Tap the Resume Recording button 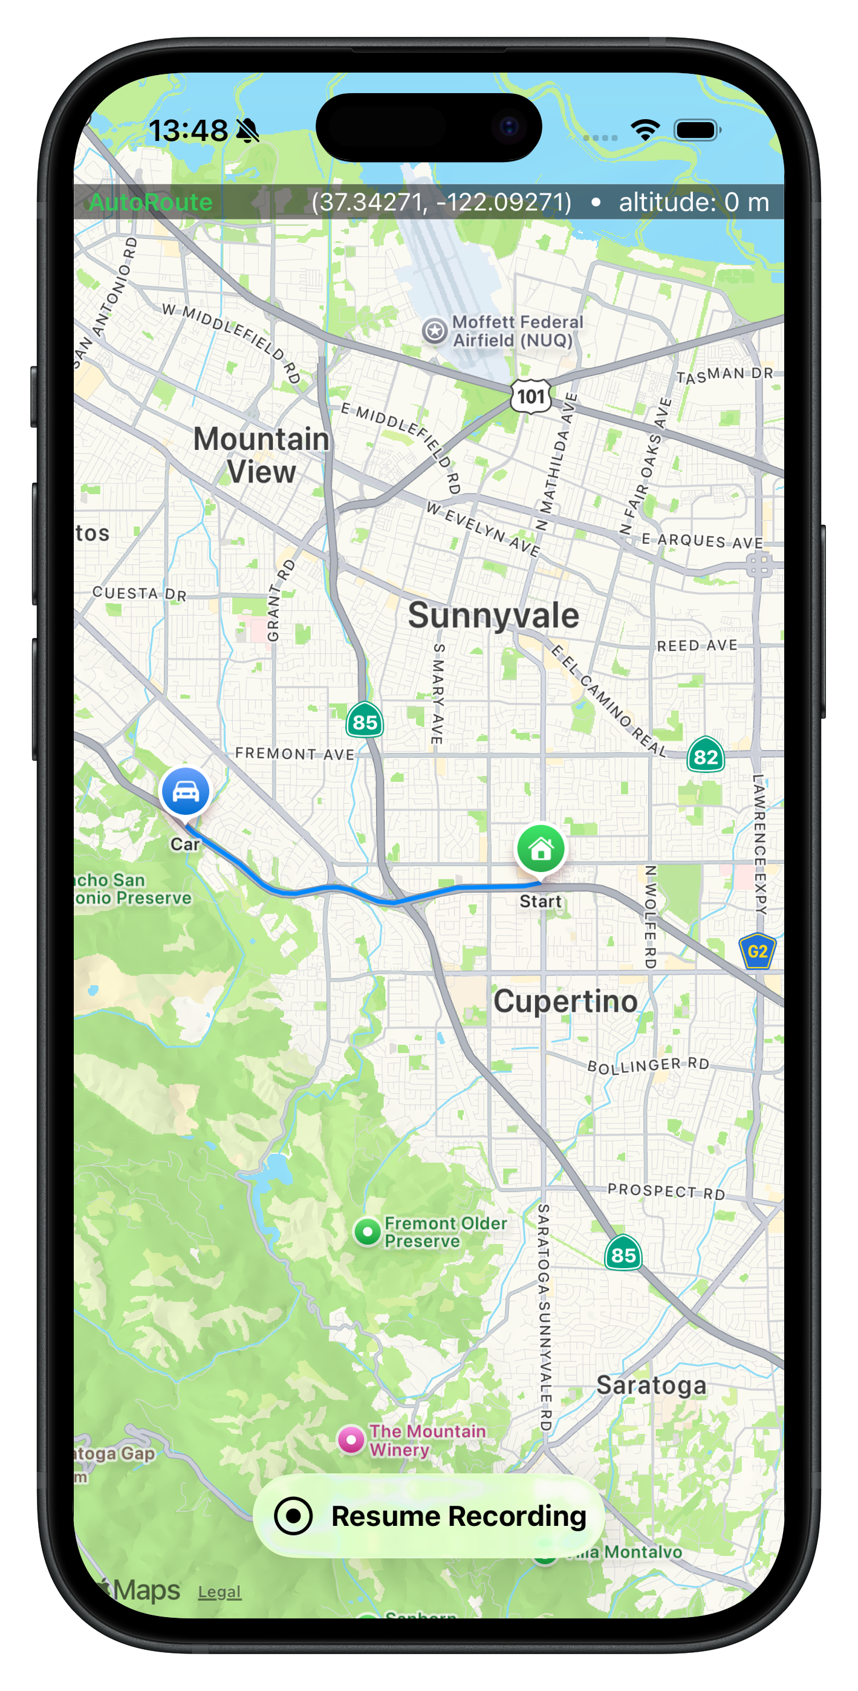tap(429, 1516)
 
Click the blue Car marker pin tap(185, 792)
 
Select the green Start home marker tap(541, 849)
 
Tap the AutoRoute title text tap(151, 202)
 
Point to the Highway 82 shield tap(706, 756)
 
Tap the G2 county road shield tap(758, 951)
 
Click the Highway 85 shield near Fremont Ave tap(365, 722)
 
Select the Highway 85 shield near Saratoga tap(623, 1254)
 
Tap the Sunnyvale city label tap(493, 616)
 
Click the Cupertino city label tap(565, 1002)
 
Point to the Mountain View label tap(261, 455)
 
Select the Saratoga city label tap(651, 1385)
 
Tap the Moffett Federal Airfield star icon tap(435, 331)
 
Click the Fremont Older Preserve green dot tap(367, 1232)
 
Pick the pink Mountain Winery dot tap(351, 1440)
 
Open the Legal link tap(219, 1592)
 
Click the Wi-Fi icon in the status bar tap(645, 130)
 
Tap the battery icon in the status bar tap(697, 130)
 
